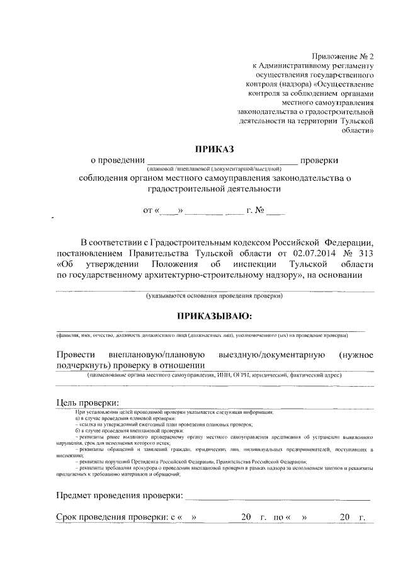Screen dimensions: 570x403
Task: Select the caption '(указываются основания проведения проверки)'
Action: click(215, 295)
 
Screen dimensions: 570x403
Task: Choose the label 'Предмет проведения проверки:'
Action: click(119, 496)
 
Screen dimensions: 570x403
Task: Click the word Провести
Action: click(76, 355)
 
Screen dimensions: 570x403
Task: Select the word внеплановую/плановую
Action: click(158, 355)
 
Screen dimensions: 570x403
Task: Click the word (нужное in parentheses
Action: click(356, 355)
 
